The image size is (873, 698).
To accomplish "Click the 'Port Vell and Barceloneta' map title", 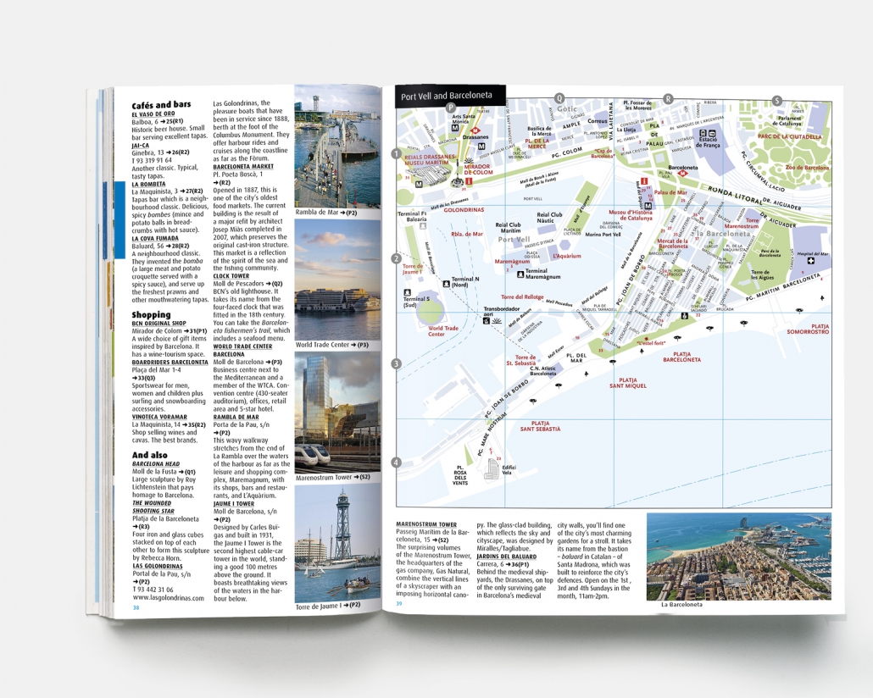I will (x=447, y=97).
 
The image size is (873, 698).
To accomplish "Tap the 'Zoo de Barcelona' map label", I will (x=807, y=168).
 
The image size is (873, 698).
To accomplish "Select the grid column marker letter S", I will (x=776, y=100).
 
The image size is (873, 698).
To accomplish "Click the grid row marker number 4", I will (x=396, y=463).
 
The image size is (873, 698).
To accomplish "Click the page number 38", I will (x=136, y=607).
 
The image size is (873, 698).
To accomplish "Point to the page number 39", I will (x=400, y=604).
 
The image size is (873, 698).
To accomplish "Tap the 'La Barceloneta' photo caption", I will (x=683, y=605).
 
